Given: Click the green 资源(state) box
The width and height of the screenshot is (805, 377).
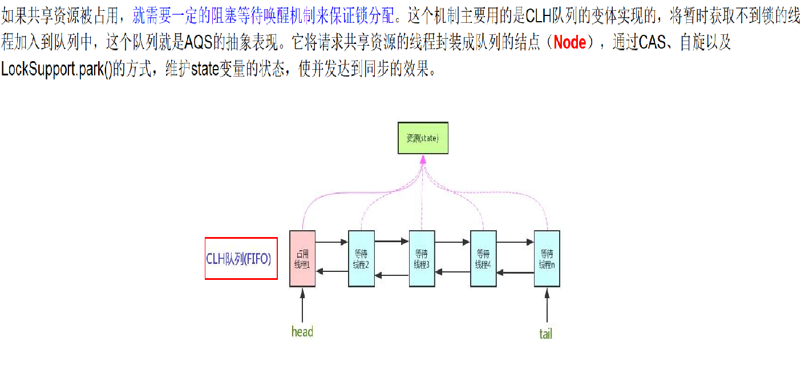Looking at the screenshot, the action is [423, 138].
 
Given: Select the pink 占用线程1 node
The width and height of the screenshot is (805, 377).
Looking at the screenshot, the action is [302, 259].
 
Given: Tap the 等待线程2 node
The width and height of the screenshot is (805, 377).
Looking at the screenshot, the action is [361, 259].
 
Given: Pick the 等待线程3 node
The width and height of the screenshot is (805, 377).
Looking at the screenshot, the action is [422, 259].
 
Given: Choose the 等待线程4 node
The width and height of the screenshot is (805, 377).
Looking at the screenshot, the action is [483, 259].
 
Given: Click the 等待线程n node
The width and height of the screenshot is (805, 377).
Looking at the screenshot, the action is [547, 259].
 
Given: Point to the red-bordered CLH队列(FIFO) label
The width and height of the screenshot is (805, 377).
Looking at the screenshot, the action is [241, 258].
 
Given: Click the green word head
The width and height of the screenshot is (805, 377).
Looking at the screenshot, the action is [302, 332].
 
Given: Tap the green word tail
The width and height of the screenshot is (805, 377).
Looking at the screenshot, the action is [545, 334].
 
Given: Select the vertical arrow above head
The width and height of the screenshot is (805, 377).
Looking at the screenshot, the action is [302, 306].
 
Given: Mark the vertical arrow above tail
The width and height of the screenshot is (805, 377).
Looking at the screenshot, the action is [547, 306].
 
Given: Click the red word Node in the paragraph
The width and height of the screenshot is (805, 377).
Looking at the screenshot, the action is [569, 42].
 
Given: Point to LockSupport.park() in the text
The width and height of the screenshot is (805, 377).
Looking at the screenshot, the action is [57, 69].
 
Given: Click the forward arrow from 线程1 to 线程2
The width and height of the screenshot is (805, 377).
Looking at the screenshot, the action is [331, 242].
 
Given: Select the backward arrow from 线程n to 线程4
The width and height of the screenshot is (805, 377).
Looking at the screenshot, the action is [515, 272].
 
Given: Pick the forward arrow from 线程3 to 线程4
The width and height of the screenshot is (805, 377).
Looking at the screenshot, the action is [452, 242].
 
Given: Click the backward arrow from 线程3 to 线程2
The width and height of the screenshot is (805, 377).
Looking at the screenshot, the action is [392, 275].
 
